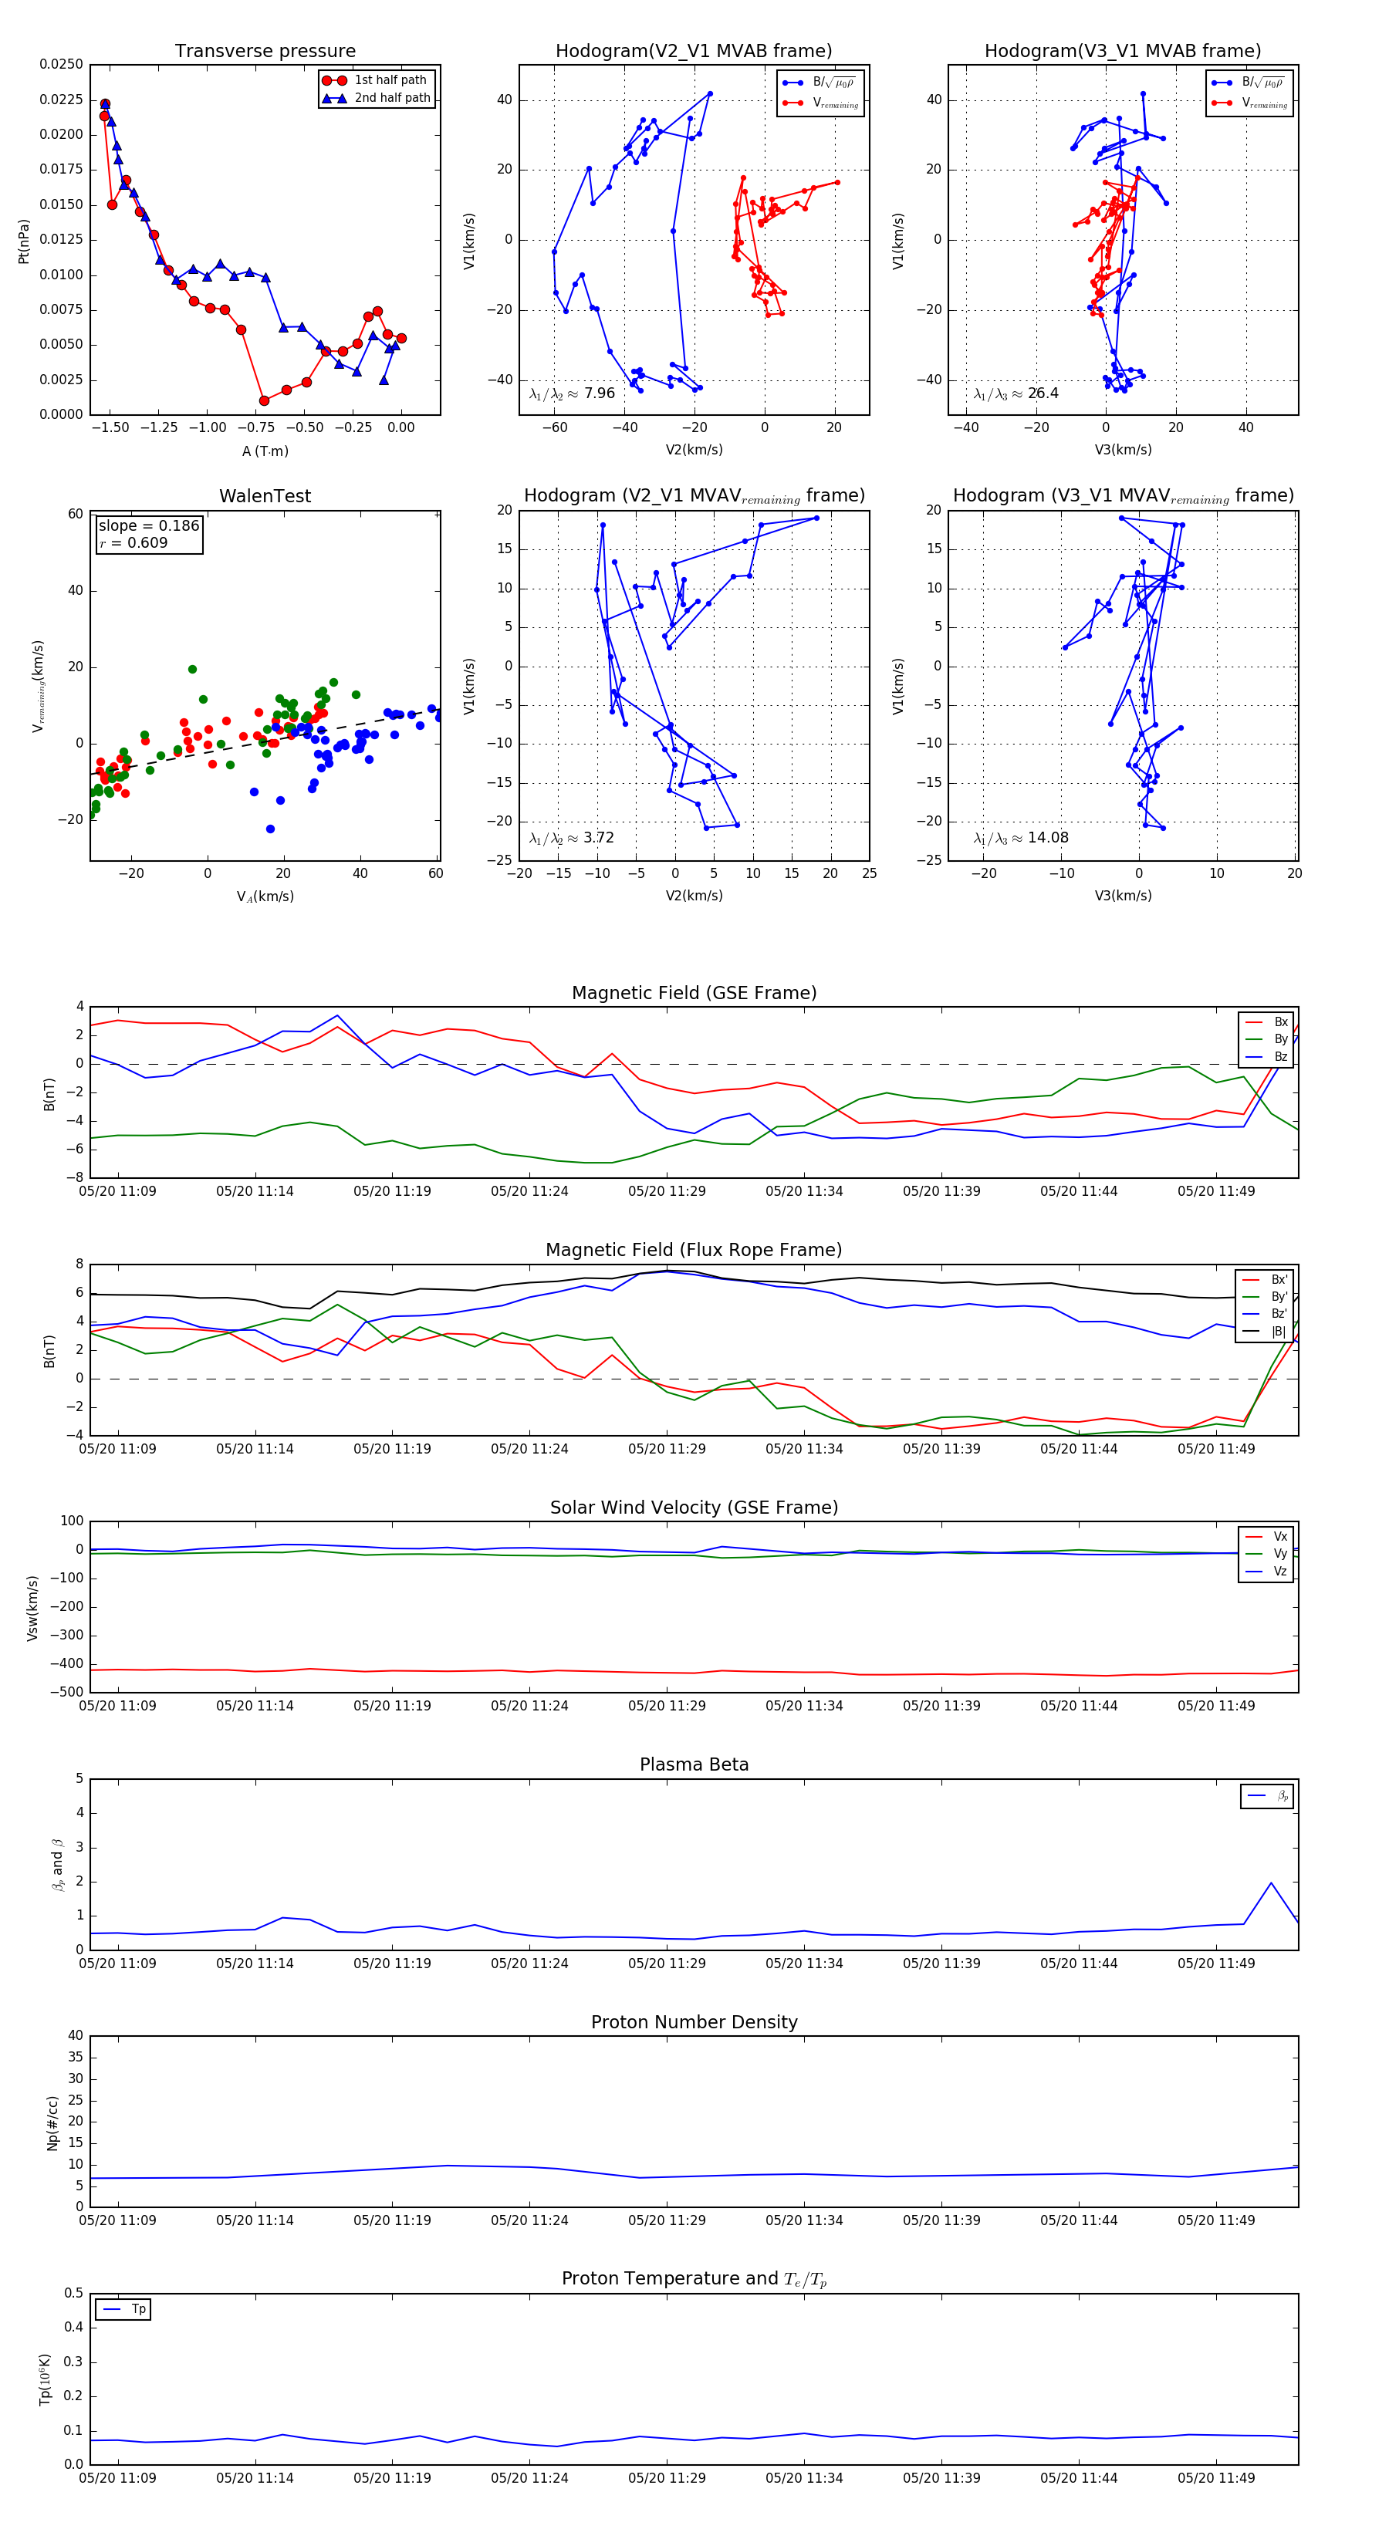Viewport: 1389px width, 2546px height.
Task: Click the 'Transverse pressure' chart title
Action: [x=265, y=52]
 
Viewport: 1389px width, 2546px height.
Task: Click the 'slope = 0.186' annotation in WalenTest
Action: [x=148, y=526]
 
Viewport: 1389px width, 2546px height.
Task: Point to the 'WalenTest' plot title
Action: [x=265, y=496]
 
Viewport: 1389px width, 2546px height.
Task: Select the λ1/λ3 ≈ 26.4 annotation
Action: [x=1016, y=393]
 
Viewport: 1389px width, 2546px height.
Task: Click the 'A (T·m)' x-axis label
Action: [x=265, y=451]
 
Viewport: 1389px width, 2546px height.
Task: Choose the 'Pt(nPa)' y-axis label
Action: [x=24, y=241]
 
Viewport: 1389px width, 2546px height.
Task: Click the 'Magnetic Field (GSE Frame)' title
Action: [x=694, y=993]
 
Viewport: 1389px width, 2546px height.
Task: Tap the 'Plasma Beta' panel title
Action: [x=694, y=1765]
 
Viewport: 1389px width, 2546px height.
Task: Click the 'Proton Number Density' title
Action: [x=694, y=2022]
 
